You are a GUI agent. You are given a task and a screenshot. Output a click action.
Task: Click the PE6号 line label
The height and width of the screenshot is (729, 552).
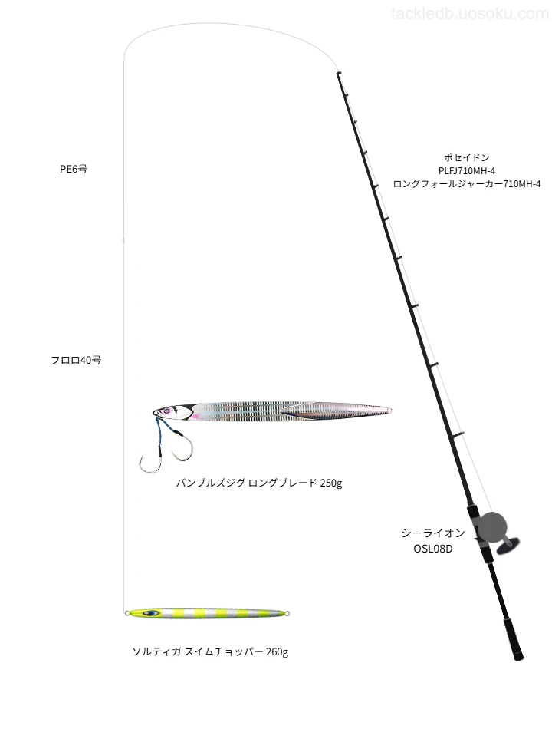[74, 169]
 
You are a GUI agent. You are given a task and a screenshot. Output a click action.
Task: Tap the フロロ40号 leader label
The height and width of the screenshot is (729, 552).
[76, 360]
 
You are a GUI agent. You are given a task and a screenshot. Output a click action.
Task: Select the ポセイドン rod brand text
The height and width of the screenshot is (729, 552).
[466, 157]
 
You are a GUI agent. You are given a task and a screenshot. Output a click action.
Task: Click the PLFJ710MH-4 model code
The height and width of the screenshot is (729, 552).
[466, 170]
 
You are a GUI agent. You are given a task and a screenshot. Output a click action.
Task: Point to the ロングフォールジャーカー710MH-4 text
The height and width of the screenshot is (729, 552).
[466, 183]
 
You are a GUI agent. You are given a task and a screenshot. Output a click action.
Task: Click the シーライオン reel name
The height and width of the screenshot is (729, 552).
[433, 533]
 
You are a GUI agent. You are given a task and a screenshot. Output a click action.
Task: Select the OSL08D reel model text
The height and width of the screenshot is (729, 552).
[433, 549]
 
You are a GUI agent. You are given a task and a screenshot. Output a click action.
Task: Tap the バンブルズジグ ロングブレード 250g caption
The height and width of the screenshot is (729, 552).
[259, 483]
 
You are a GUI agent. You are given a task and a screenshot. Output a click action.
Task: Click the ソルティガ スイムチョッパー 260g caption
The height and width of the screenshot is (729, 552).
[211, 651]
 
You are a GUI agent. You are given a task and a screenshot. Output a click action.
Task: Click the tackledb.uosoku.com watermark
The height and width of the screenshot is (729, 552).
[470, 14]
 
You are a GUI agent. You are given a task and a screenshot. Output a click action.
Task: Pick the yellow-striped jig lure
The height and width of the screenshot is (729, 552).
[207, 613]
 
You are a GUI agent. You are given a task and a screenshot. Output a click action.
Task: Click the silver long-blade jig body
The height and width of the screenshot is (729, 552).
[273, 411]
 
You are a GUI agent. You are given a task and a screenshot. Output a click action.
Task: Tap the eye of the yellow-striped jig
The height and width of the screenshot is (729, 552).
[150, 613]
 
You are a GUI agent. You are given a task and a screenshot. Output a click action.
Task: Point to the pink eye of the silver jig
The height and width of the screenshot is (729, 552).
[165, 411]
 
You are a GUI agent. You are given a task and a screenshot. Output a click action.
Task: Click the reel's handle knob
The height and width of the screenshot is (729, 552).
[508, 546]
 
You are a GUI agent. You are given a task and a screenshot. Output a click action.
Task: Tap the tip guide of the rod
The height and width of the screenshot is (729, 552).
[339, 74]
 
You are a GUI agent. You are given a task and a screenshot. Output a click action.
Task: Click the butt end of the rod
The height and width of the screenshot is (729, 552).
[518, 656]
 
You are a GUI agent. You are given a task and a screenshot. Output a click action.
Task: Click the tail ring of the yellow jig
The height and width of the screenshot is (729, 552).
[287, 614]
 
